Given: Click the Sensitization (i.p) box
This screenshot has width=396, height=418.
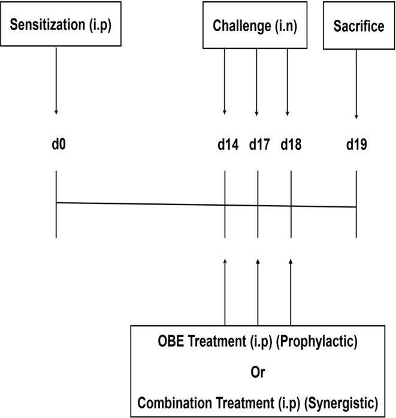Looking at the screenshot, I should coord(56,27).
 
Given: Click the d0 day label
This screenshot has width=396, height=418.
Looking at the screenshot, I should coord(56,145).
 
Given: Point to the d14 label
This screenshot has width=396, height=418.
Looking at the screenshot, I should coord(227,145).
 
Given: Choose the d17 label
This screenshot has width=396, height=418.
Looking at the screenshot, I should coord(259,145).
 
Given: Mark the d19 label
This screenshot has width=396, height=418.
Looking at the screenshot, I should coord(356,145).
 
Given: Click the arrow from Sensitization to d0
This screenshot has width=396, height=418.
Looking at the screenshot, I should coord(56,81).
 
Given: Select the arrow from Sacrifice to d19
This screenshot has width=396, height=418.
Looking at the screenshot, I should coord(356,84).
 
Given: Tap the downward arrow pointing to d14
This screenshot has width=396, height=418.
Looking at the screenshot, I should coord(225,81).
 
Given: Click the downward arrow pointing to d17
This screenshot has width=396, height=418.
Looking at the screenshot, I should coord(256,81).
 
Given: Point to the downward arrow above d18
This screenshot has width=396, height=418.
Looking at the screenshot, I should coord(288,81).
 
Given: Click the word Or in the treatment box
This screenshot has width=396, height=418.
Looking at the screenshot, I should coord(258,372).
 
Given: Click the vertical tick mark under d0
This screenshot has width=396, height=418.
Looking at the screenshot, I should coord(56,204).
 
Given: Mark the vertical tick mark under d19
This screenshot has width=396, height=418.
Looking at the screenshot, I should coord(356,204).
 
